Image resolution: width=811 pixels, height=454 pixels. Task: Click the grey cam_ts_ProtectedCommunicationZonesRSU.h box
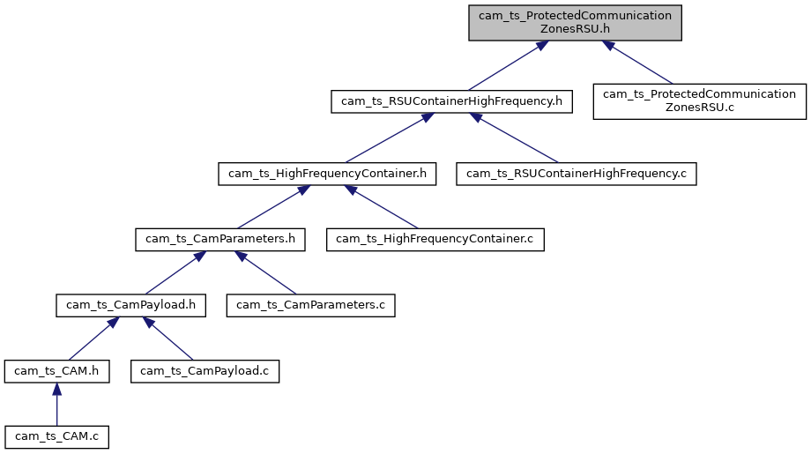click(575, 22)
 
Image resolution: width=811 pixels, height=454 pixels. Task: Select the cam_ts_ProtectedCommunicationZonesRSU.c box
click(699, 100)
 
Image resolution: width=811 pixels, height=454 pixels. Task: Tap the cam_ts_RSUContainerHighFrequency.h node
click(451, 100)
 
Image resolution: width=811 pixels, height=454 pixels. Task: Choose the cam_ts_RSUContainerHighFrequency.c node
click(576, 174)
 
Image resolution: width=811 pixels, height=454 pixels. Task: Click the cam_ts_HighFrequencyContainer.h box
click(327, 174)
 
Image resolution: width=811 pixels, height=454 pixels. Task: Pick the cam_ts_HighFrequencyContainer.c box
click(435, 239)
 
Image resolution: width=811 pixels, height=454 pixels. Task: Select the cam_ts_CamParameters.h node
click(220, 239)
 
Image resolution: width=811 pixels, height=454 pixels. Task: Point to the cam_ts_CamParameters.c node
click(311, 305)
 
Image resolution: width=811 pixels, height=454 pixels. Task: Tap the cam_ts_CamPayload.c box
click(205, 371)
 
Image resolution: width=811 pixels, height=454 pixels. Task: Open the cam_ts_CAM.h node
click(56, 371)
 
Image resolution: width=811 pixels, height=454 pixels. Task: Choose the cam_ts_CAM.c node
click(56, 436)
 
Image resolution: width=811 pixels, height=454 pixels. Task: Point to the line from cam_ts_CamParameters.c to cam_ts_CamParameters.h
click(269, 275)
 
